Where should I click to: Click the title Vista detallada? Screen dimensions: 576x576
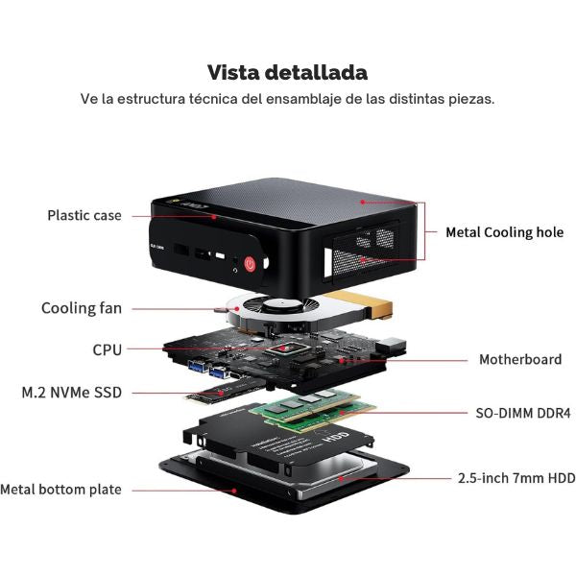coord(287,73)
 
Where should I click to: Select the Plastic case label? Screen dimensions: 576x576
coord(84,215)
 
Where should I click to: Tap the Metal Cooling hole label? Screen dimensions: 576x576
coord(504,232)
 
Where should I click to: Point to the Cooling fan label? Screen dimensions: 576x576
coord(81,308)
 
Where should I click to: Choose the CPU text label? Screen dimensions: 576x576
coord(107,350)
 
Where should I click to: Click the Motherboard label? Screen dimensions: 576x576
coord(519,360)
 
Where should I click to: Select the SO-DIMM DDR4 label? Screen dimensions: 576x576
coord(523,414)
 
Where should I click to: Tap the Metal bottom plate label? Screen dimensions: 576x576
coord(60,490)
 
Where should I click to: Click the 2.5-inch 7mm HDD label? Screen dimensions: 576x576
coord(516,477)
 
